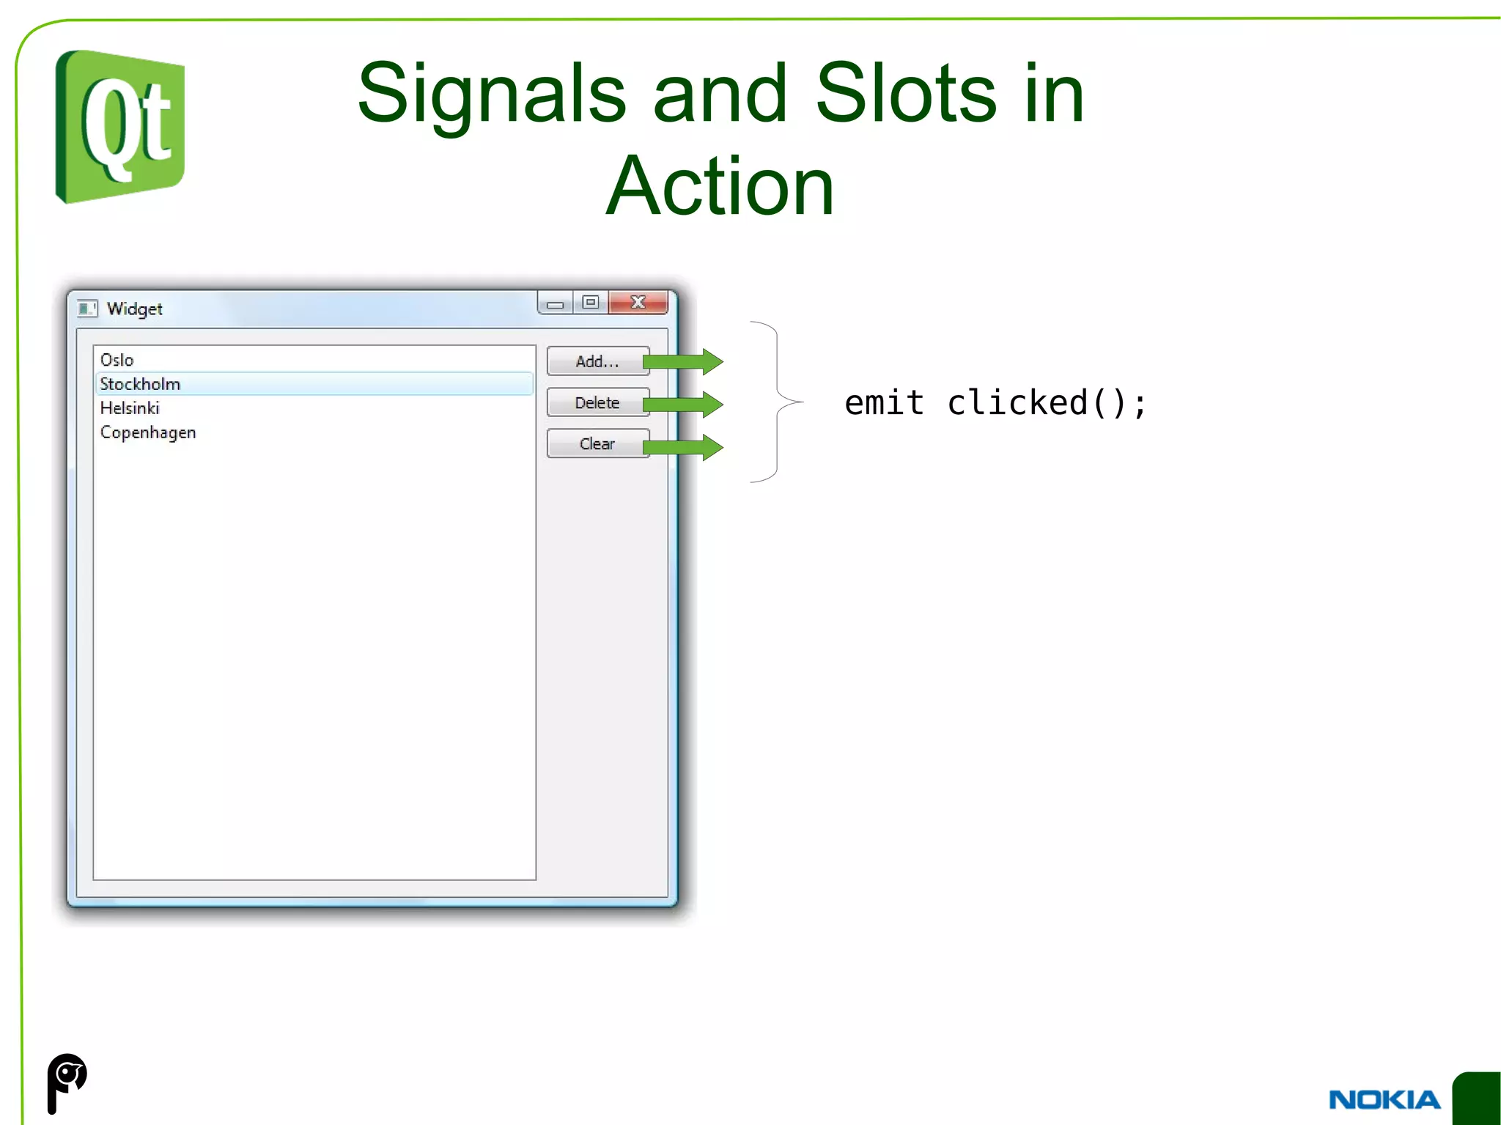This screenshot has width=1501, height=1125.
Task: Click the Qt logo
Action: coord(120,127)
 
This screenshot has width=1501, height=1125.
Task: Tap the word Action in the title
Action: coord(720,187)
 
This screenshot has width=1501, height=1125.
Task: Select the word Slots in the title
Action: coord(905,94)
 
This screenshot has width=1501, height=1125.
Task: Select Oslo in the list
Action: coord(117,360)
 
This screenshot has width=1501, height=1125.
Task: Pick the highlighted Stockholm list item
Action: coord(140,384)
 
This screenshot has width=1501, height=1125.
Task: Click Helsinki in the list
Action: coord(130,408)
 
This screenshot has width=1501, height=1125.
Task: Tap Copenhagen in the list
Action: coord(148,432)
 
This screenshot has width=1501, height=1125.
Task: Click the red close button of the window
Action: coord(638,303)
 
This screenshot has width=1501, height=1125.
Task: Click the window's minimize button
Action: coord(555,303)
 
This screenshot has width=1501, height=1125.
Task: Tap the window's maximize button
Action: coord(591,303)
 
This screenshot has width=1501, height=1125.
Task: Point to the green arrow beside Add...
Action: coord(684,361)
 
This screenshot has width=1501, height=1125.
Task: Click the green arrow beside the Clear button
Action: coord(684,447)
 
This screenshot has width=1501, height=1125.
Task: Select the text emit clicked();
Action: coord(995,403)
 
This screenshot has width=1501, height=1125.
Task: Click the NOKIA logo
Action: coord(1384,1099)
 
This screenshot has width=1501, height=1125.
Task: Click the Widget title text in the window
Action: coord(134,309)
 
